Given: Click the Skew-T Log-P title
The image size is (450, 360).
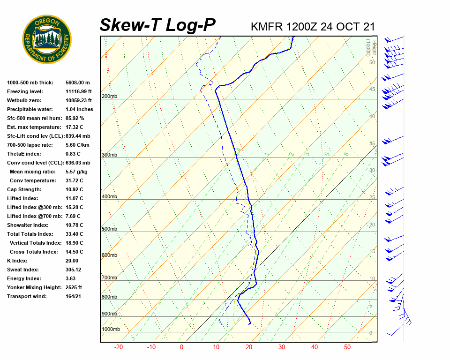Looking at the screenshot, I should click(x=158, y=25).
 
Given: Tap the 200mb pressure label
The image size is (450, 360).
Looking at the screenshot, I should click(x=109, y=97).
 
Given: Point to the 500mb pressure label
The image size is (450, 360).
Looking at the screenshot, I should click(x=109, y=229).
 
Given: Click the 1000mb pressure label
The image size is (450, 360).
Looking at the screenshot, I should click(x=111, y=329).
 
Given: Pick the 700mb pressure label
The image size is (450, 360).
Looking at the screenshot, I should click(x=109, y=277).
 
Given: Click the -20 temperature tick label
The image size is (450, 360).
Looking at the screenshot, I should click(x=119, y=347).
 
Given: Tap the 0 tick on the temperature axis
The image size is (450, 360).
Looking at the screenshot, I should click(x=182, y=347).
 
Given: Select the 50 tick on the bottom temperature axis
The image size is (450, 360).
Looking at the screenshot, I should click(x=347, y=347).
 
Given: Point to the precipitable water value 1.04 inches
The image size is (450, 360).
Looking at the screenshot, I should click(x=80, y=109).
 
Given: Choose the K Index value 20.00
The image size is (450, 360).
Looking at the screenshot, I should click(x=72, y=261).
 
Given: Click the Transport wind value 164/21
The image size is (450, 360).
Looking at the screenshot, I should click(x=74, y=296).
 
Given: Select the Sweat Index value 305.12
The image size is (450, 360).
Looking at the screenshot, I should click(x=74, y=270).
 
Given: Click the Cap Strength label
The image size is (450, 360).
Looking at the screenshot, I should click(x=24, y=189).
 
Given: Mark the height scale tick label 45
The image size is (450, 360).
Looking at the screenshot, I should click(x=372, y=90).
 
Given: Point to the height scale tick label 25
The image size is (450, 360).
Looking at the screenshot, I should click(x=372, y=198).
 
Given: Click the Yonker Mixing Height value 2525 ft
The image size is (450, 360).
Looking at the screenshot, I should click(x=74, y=287).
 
